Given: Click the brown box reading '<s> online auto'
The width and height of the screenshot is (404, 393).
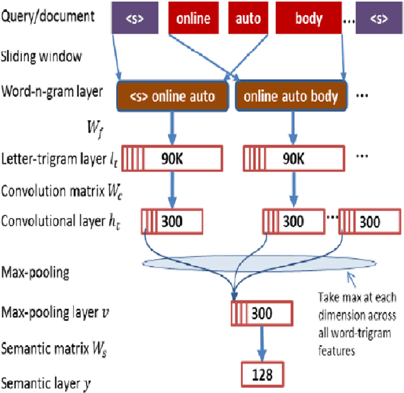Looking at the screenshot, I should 170,97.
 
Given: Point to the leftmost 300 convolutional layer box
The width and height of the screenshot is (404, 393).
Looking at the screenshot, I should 172,221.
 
